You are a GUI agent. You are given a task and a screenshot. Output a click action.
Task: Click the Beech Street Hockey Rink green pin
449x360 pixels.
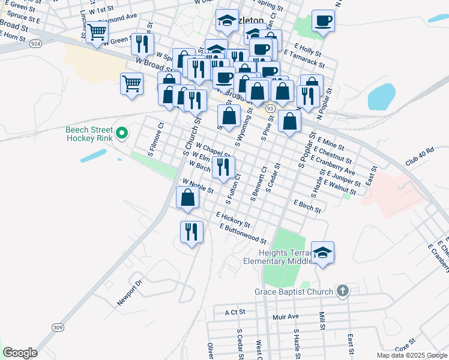pyautogui.click(x=122, y=133)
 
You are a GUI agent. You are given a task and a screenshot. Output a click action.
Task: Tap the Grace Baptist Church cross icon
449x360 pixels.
pyautogui.click(x=342, y=292)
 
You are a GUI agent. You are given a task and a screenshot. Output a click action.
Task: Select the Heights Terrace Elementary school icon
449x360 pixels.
pyautogui.click(x=322, y=252)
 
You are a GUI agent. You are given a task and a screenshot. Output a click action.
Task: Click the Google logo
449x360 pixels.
pyautogui.click(x=20, y=353)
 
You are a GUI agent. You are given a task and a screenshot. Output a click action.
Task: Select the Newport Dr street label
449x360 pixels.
pyautogui.click(x=130, y=292)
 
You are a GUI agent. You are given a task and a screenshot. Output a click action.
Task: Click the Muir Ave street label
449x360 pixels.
pyautogui.click(x=285, y=316)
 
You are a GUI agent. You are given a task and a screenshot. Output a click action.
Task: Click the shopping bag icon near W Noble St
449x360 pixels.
pyautogui.click(x=188, y=197)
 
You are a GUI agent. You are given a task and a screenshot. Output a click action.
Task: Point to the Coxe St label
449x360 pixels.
pyautogui.click(x=405, y=346)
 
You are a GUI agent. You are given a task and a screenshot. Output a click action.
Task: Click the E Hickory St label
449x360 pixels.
pyautogui.click(x=233, y=219)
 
